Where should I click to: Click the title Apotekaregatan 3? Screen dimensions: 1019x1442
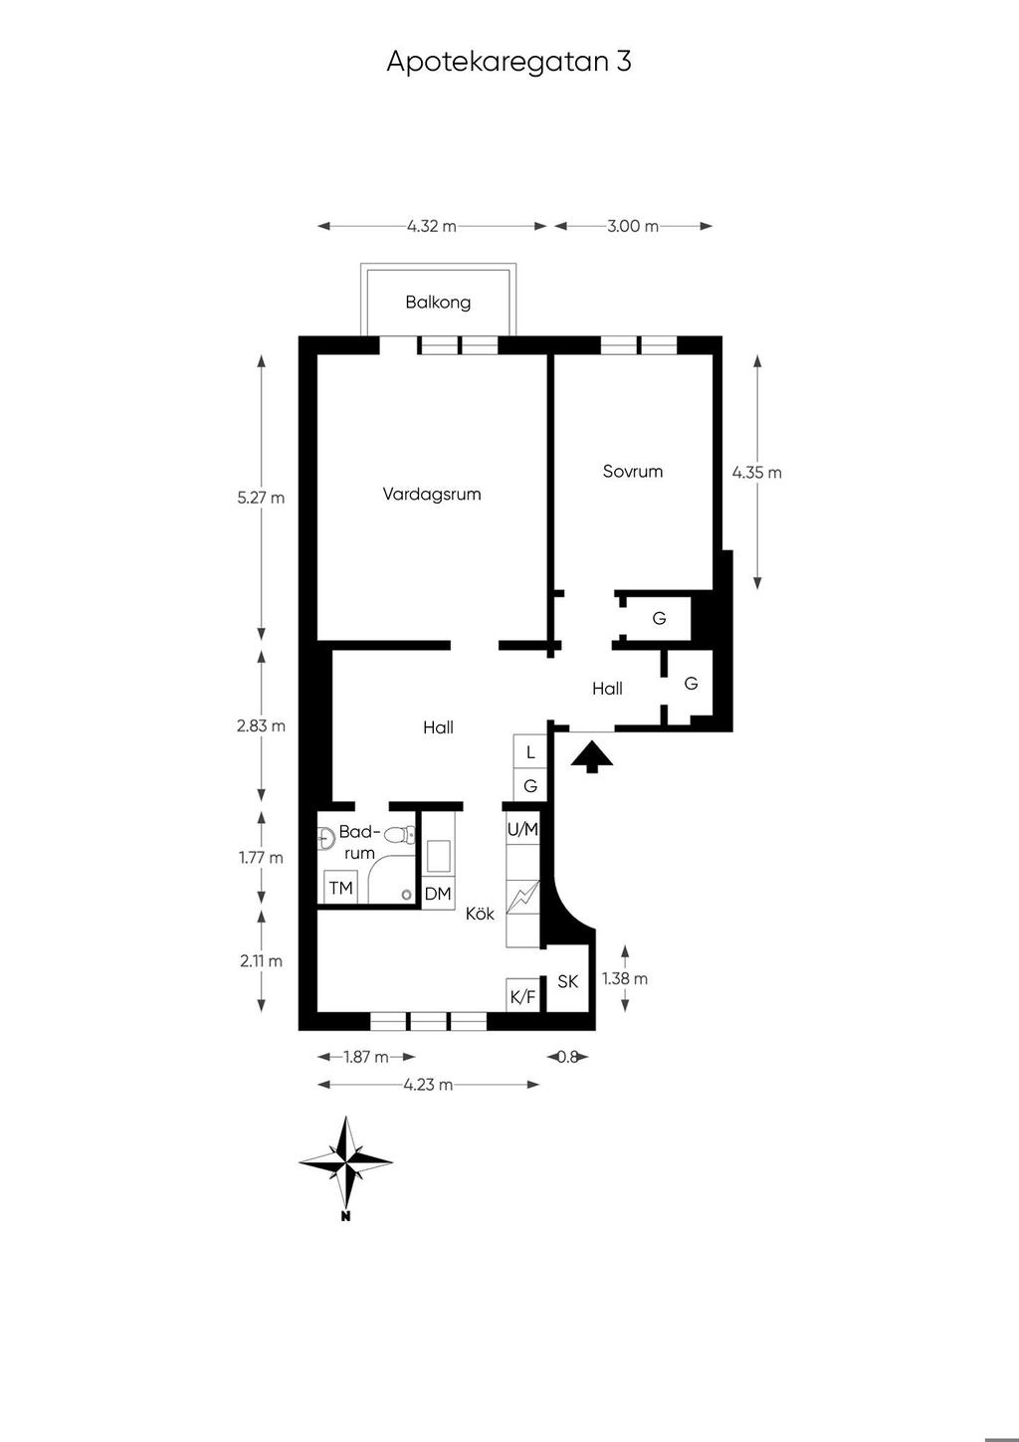(509, 62)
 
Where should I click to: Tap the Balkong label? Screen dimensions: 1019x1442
(438, 303)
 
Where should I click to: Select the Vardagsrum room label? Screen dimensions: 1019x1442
(432, 495)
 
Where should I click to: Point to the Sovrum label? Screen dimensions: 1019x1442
(633, 472)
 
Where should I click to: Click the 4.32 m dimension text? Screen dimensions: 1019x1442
(432, 226)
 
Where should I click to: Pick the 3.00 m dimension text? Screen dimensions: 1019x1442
(633, 226)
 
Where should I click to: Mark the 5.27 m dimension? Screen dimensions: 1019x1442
(261, 498)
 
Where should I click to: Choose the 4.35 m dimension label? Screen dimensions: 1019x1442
(757, 473)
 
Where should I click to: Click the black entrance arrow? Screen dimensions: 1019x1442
(592, 755)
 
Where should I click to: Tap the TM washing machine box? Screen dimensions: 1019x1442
(340, 888)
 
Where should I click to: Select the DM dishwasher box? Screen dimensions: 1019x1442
(439, 893)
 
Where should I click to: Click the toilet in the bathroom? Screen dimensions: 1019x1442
(399, 836)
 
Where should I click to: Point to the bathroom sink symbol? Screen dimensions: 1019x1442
(325, 838)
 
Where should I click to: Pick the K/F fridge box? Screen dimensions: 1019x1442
(522, 997)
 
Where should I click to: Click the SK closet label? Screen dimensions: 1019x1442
(568, 981)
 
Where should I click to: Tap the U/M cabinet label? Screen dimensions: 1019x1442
(522, 830)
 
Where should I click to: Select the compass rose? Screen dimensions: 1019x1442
(346, 1162)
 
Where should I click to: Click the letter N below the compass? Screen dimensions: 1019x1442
(346, 1216)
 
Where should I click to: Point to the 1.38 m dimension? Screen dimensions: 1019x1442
(624, 978)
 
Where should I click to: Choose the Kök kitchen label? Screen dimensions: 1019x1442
(481, 914)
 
